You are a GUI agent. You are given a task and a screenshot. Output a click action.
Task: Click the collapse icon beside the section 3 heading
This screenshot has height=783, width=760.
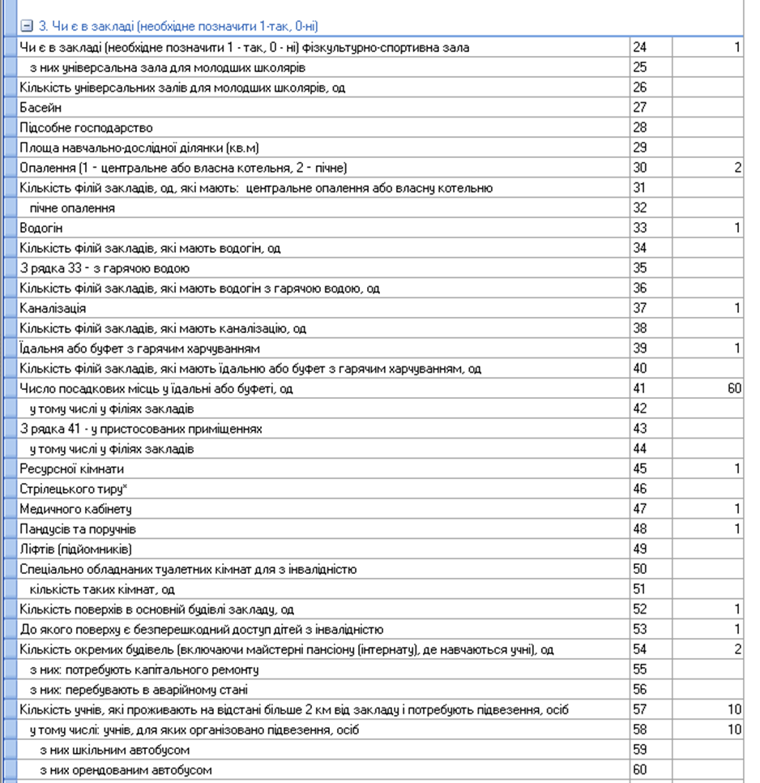[26, 26]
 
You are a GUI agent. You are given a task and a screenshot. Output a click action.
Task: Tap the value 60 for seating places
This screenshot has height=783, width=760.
[734, 389]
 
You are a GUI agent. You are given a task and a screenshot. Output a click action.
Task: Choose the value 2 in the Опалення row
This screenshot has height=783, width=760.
[737, 168]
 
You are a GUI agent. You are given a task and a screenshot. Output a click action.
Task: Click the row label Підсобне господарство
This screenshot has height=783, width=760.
[86, 128]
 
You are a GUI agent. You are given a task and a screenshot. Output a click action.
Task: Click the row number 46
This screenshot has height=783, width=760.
[640, 489]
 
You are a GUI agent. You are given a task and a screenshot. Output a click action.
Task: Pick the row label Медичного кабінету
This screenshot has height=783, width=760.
[75, 509]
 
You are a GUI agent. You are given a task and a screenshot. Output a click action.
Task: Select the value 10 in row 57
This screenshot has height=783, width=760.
[734, 710]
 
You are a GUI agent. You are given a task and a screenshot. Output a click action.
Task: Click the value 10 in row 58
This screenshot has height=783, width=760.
[734, 730]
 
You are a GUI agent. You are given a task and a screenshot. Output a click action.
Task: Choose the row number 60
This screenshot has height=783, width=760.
[640, 770]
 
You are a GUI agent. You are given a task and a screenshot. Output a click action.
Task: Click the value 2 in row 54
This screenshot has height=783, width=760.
[737, 649]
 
